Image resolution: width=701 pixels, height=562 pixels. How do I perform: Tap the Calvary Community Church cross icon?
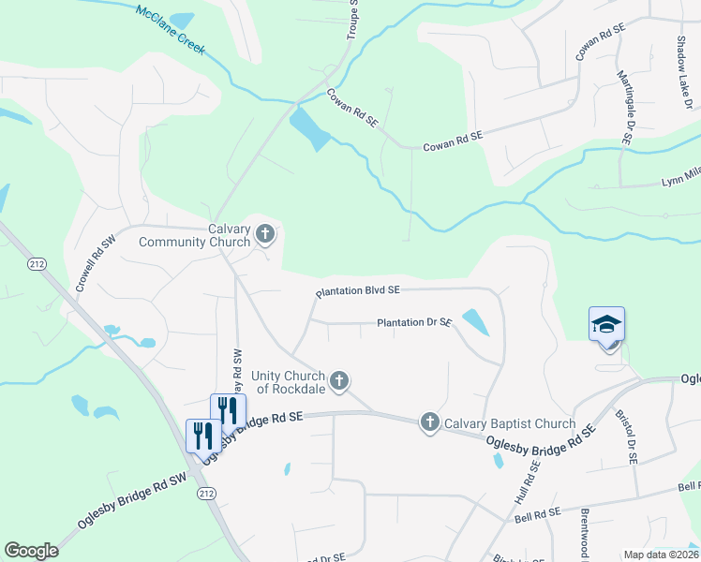(265, 232)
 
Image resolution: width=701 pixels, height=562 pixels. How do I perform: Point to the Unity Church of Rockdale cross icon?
(340, 380)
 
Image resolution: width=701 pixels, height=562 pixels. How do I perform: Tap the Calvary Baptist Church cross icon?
(430, 421)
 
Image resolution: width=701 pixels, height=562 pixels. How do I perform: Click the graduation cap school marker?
(606, 325)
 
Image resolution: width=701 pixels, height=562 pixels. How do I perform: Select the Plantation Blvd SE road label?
(358, 292)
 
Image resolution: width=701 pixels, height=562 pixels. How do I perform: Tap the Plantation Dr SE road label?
(414, 323)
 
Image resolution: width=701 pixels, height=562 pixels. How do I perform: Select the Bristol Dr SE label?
(626, 436)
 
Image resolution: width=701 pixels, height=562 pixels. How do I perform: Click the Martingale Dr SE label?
(624, 104)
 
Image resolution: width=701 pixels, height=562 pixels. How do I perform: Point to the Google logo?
(31, 551)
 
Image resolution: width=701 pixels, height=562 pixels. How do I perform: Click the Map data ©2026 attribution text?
(662, 555)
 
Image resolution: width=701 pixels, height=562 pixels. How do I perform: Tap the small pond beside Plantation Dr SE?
(475, 321)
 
